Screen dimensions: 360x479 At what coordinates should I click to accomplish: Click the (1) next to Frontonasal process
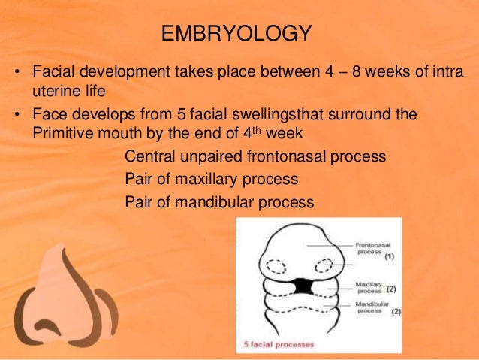click(x=389, y=256)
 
